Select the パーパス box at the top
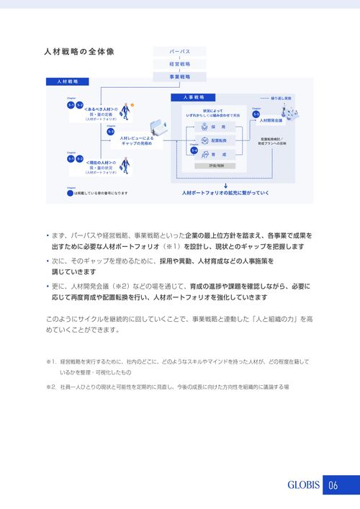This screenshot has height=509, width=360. point(179,52)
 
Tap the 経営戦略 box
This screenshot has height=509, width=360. point(179,64)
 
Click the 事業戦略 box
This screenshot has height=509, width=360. point(179,76)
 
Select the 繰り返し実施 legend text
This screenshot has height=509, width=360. point(281,96)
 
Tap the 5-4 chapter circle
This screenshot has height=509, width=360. point(194,149)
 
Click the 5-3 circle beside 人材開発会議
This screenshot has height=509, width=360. point(256,114)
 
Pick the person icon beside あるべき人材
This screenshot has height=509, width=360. point(124,111)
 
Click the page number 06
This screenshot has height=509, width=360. point(333,485)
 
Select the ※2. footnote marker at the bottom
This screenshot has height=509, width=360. point(50,387)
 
